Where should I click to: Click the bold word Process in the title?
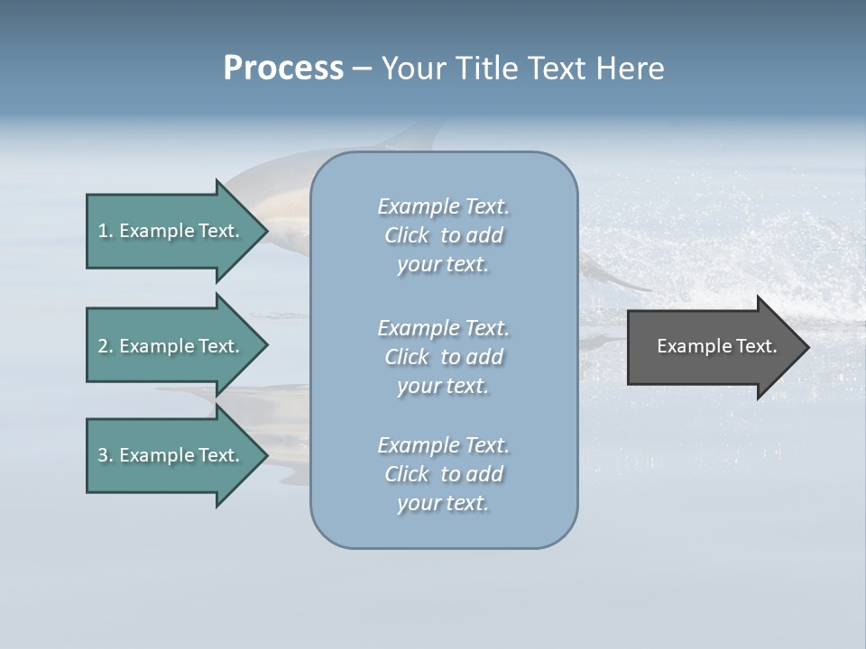[283, 69]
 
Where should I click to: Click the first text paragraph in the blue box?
[444, 235]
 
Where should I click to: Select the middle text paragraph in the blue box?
[444, 357]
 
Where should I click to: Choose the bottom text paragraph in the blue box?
[444, 474]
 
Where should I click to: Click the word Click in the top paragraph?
[407, 235]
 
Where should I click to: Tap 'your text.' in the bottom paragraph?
[443, 503]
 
